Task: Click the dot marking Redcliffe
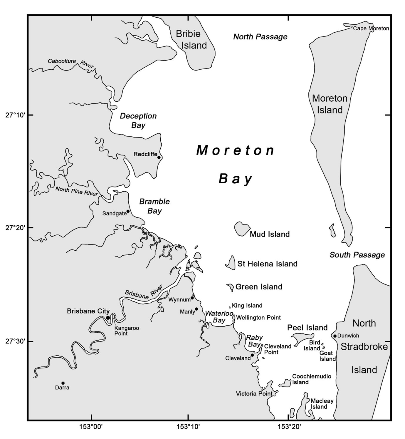tap(159, 157)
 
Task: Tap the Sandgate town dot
tap(128, 211)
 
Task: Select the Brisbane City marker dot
tap(108, 318)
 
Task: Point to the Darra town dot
tap(63, 383)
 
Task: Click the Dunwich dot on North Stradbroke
tap(335, 336)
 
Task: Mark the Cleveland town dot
tap(252, 355)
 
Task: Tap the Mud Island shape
tap(242, 229)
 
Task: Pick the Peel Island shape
tap(303, 337)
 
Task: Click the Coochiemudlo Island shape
tap(285, 383)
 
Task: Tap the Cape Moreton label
tap(371, 29)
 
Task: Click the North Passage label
tap(260, 37)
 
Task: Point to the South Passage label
tap(357, 255)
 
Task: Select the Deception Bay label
tap(138, 120)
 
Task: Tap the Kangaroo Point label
tap(127, 331)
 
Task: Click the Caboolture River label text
tap(70, 63)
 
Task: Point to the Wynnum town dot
tap(192, 298)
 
